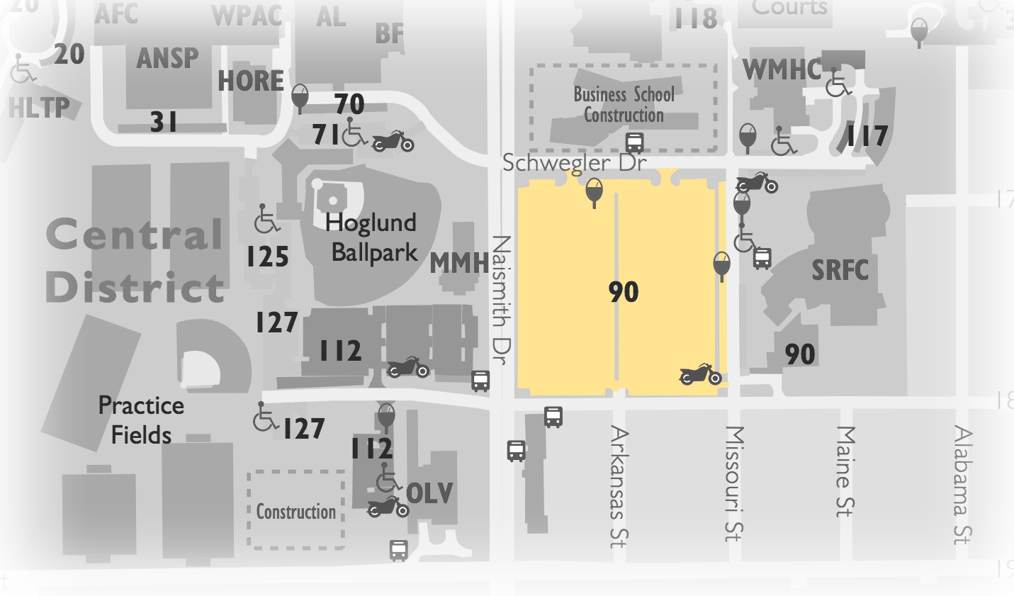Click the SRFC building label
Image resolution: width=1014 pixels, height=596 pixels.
tap(840, 270)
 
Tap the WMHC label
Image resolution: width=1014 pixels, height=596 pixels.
tap(782, 70)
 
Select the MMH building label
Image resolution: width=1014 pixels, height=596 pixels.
tap(459, 264)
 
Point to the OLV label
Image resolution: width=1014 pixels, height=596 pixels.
tap(429, 493)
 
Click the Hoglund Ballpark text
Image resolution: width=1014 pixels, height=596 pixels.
tap(373, 237)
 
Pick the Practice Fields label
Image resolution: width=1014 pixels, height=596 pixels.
tap(141, 420)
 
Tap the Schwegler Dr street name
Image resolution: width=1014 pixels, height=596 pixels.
tap(574, 163)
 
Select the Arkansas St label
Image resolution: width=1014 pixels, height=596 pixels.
tap(619, 486)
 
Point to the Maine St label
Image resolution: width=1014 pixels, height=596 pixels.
tap(845, 471)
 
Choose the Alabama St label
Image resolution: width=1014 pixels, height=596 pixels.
tap(962, 484)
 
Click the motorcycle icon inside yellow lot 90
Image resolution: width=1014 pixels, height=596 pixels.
tap(700, 374)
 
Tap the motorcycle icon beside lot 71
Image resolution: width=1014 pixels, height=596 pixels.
tap(393, 141)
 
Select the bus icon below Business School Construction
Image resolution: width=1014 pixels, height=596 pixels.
tap(635, 142)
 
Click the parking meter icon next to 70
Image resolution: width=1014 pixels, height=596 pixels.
tap(300, 98)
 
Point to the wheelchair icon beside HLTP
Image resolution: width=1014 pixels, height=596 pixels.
tap(23, 69)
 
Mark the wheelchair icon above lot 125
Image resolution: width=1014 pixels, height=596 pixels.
tap(266, 218)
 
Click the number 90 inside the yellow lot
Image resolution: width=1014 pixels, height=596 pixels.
tap(624, 292)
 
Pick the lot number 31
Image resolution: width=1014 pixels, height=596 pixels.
tap(163, 123)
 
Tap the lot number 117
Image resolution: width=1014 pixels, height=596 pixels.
tap(867, 136)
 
